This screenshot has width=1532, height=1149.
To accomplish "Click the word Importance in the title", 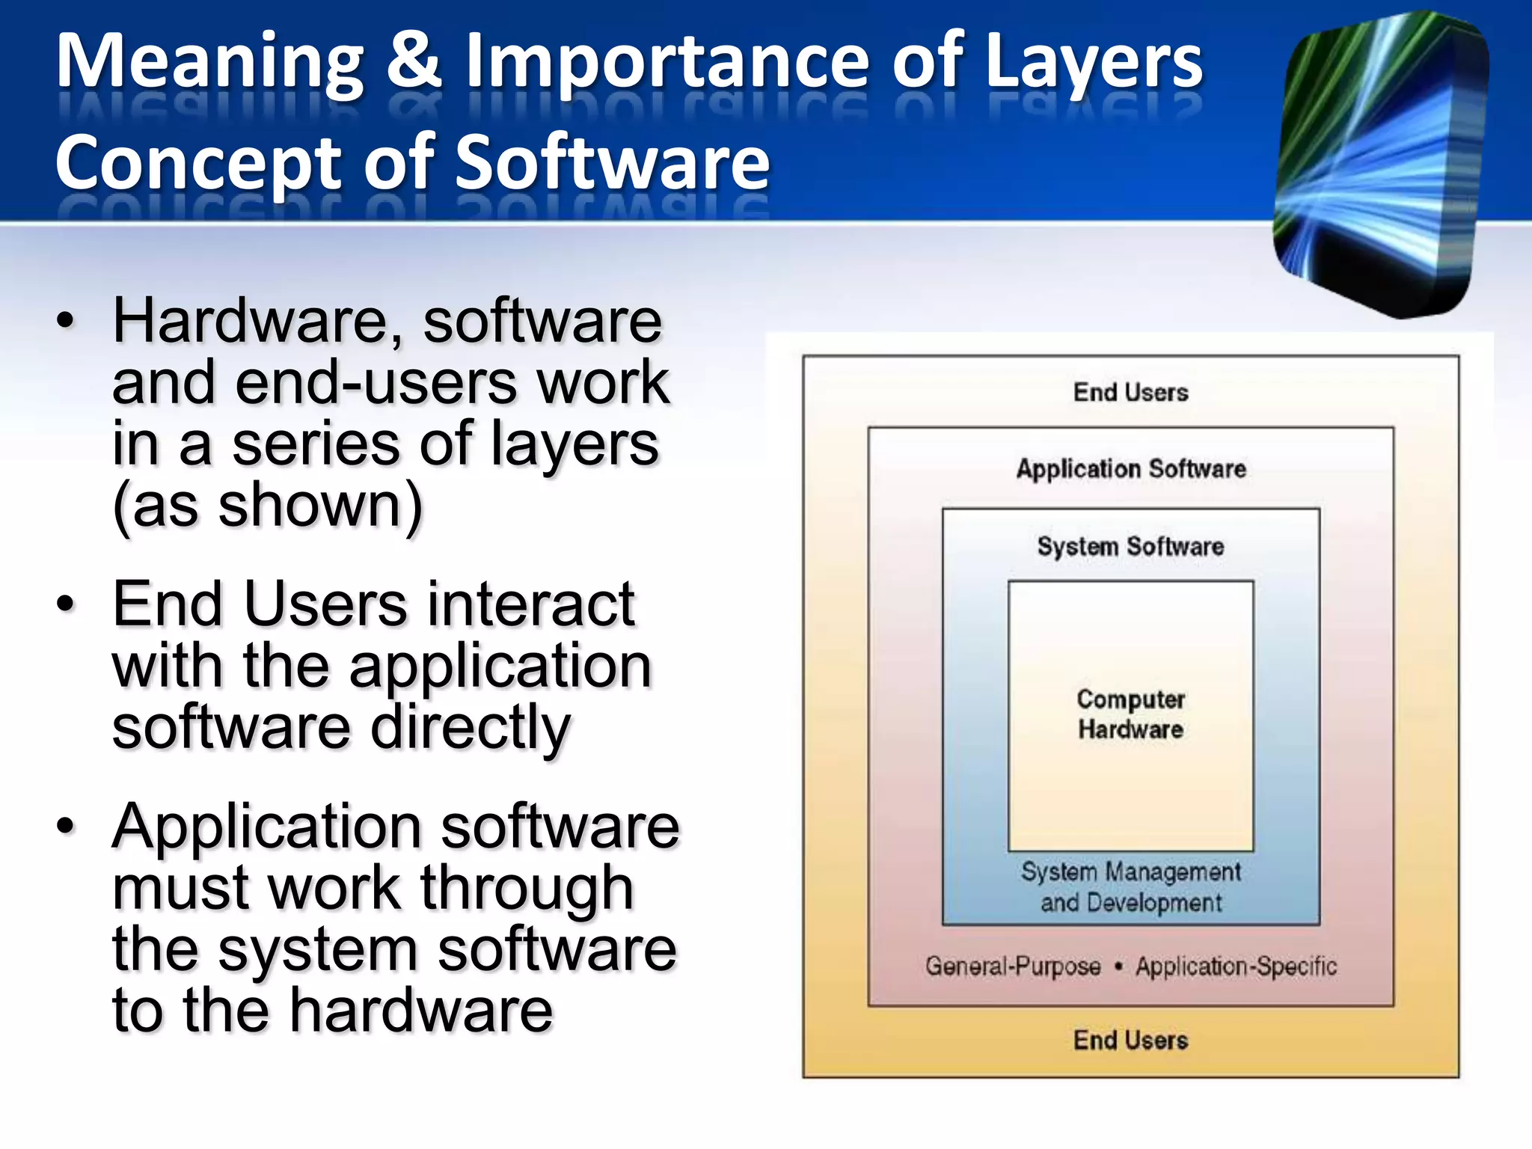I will coord(667,63).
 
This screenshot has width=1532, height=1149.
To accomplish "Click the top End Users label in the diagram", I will coord(1130,392).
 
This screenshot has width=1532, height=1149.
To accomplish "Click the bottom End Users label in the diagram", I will coord(1130,1040).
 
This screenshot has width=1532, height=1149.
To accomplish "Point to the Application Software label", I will coord(1130,469).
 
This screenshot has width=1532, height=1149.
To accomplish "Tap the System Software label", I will coord(1130,546).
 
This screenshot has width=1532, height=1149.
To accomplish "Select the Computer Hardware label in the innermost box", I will coord(1130,714).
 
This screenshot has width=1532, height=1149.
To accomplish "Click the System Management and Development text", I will coord(1130,887).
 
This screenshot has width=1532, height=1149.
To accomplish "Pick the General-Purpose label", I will coord(1013,966).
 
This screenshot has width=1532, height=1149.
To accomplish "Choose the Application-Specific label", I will coord(1236,966).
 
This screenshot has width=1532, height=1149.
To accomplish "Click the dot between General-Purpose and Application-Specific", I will coord(1118,966).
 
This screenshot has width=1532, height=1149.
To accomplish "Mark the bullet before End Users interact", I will coord(66,604).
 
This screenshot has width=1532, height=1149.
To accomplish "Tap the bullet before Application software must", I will coord(66,826).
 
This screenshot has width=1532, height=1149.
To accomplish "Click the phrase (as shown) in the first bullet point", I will coord(267,506).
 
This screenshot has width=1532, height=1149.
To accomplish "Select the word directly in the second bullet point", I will coord(471,728).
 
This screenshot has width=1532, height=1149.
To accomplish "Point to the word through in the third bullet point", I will coord(527,889).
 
